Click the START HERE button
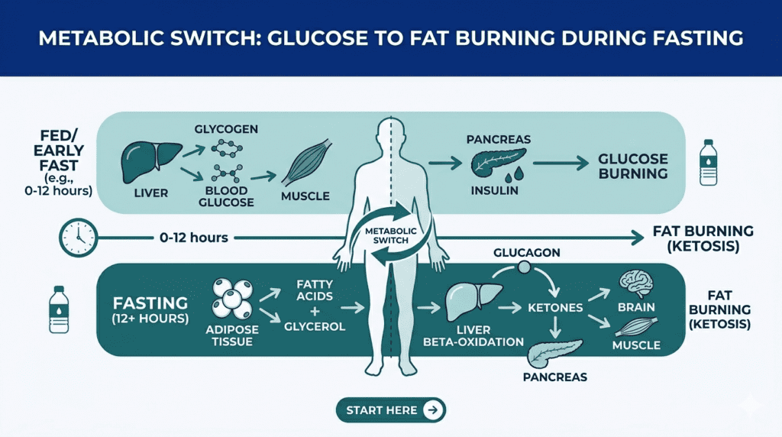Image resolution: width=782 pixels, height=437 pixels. tap(390, 410)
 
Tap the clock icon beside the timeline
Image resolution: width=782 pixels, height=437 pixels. tap(76, 238)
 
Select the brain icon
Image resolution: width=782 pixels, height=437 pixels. tap(635, 284)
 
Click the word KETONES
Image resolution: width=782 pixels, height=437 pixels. tap(555, 308)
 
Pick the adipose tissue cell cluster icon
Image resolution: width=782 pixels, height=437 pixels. tap(231, 298)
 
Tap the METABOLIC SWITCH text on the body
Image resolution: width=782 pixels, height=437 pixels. tap(390, 235)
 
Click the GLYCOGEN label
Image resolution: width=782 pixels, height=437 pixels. tap(225, 129)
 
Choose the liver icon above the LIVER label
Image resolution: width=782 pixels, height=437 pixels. tap(151, 157)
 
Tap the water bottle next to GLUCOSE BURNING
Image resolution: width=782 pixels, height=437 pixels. tap(708, 162)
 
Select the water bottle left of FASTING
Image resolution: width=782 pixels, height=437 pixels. tap(60, 310)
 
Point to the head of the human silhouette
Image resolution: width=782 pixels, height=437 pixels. tap(391, 135)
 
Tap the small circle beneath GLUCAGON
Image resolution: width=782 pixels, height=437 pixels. tap(525, 268)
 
